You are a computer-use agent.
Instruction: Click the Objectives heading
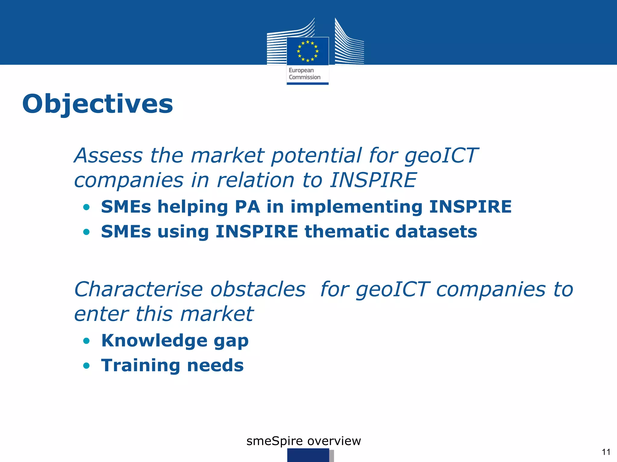click(98, 104)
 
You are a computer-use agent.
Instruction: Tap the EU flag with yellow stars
click(308, 51)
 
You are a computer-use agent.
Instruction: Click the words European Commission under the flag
click(304, 74)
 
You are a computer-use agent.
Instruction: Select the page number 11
click(606, 452)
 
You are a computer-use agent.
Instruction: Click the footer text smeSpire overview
click(303, 441)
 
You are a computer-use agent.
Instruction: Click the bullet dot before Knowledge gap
click(86, 341)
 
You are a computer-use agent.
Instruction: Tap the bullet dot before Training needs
click(86, 366)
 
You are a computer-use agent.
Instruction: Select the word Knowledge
click(154, 341)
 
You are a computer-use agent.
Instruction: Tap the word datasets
click(436, 232)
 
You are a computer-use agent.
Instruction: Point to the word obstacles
click(258, 289)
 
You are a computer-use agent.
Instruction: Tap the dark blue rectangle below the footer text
click(308, 455)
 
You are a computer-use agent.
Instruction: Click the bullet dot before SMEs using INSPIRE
click(86, 232)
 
